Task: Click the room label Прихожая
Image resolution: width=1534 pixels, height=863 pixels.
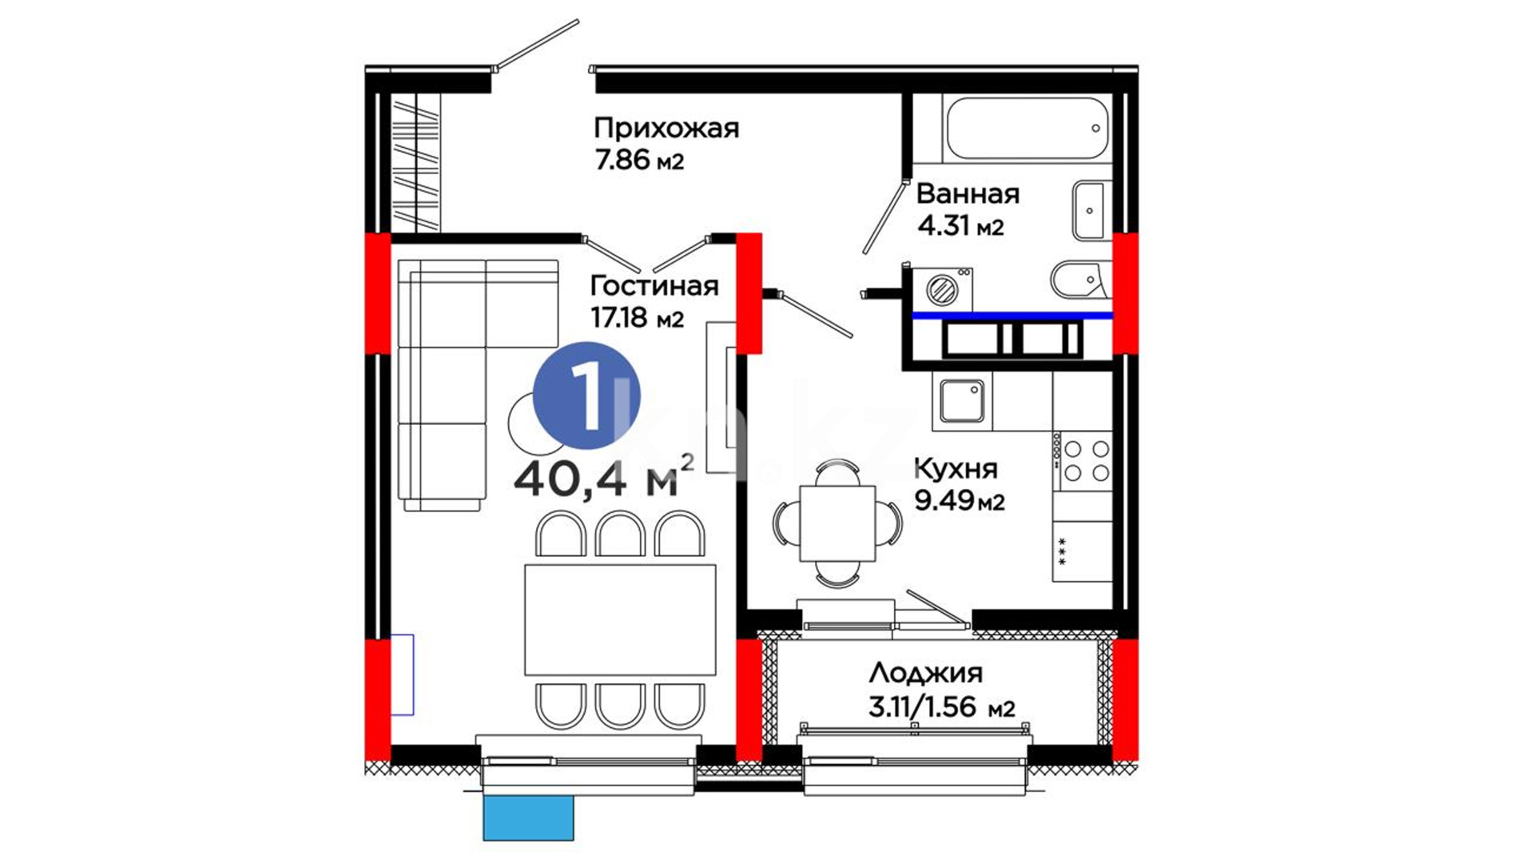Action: point(666,129)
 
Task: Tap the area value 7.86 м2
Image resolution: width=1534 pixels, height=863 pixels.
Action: point(639,161)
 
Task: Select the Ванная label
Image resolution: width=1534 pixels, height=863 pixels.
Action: point(968,193)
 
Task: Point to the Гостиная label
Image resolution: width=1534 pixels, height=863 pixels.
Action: point(654,285)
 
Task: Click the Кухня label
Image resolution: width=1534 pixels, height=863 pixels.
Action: point(956,467)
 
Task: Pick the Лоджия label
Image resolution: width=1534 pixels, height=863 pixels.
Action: point(925,674)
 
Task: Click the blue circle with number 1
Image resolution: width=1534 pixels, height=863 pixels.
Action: point(586,395)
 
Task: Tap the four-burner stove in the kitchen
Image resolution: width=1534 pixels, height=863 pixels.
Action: point(1083,461)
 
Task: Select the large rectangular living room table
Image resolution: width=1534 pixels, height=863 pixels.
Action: point(620,619)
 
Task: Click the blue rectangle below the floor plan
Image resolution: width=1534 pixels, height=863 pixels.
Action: point(528,817)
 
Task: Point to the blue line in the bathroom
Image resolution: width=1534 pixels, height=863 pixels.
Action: point(1012,316)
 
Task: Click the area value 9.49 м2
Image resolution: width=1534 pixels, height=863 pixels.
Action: point(960,501)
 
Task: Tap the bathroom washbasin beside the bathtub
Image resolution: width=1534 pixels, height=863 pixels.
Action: point(1090,210)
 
